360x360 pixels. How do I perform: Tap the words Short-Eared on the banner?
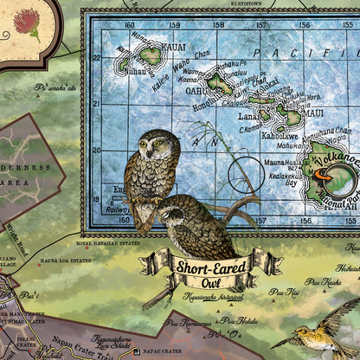point(211,264)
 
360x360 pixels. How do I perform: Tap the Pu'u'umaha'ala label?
point(54,87)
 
